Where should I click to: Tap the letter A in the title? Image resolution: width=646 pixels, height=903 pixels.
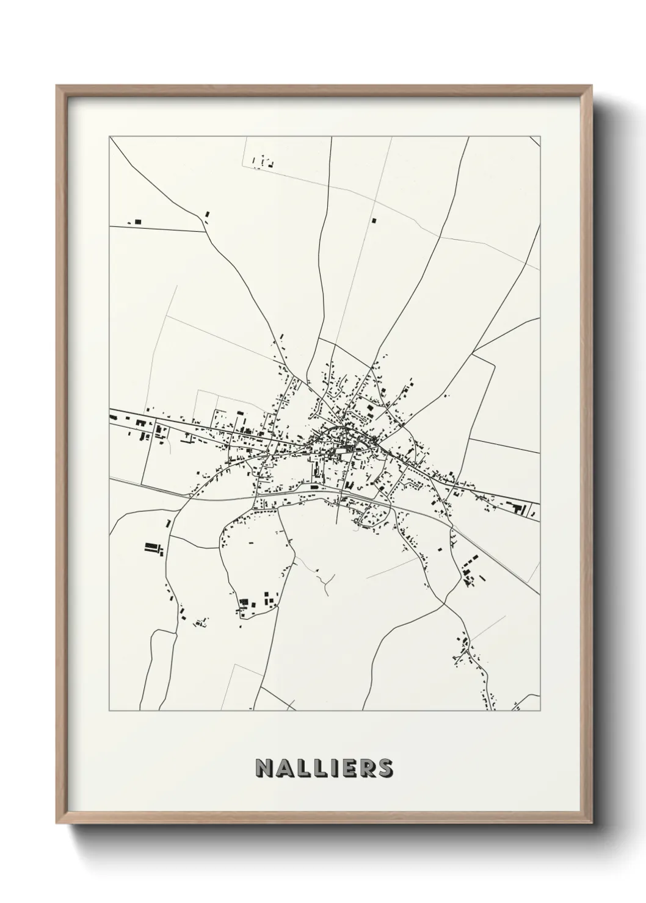click(285, 768)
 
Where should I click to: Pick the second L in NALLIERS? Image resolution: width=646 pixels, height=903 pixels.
click(320, 768)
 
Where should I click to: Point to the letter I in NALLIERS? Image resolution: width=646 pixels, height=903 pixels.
click(333, 768)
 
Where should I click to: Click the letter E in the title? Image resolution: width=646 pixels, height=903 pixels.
click(347, 768)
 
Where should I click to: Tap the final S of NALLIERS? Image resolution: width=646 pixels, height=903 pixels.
click(385, 768)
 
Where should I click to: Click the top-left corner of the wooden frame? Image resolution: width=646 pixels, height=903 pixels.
click(57, 86)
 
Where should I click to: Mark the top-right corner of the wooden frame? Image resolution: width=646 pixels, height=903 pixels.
click(593, 86)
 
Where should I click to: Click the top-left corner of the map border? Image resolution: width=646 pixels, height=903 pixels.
click(109, 137)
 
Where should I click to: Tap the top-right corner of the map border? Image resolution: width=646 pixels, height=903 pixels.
click(540, 137)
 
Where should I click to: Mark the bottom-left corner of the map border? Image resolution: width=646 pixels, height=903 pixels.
click(109, 711)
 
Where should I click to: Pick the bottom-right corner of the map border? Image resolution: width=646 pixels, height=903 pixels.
click(540, 711)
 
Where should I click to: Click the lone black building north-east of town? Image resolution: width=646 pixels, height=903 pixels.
click(374, 220)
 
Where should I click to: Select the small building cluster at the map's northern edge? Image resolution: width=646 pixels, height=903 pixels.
click(263, 162)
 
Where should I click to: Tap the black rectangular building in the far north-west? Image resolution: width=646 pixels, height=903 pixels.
click(137, 221)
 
